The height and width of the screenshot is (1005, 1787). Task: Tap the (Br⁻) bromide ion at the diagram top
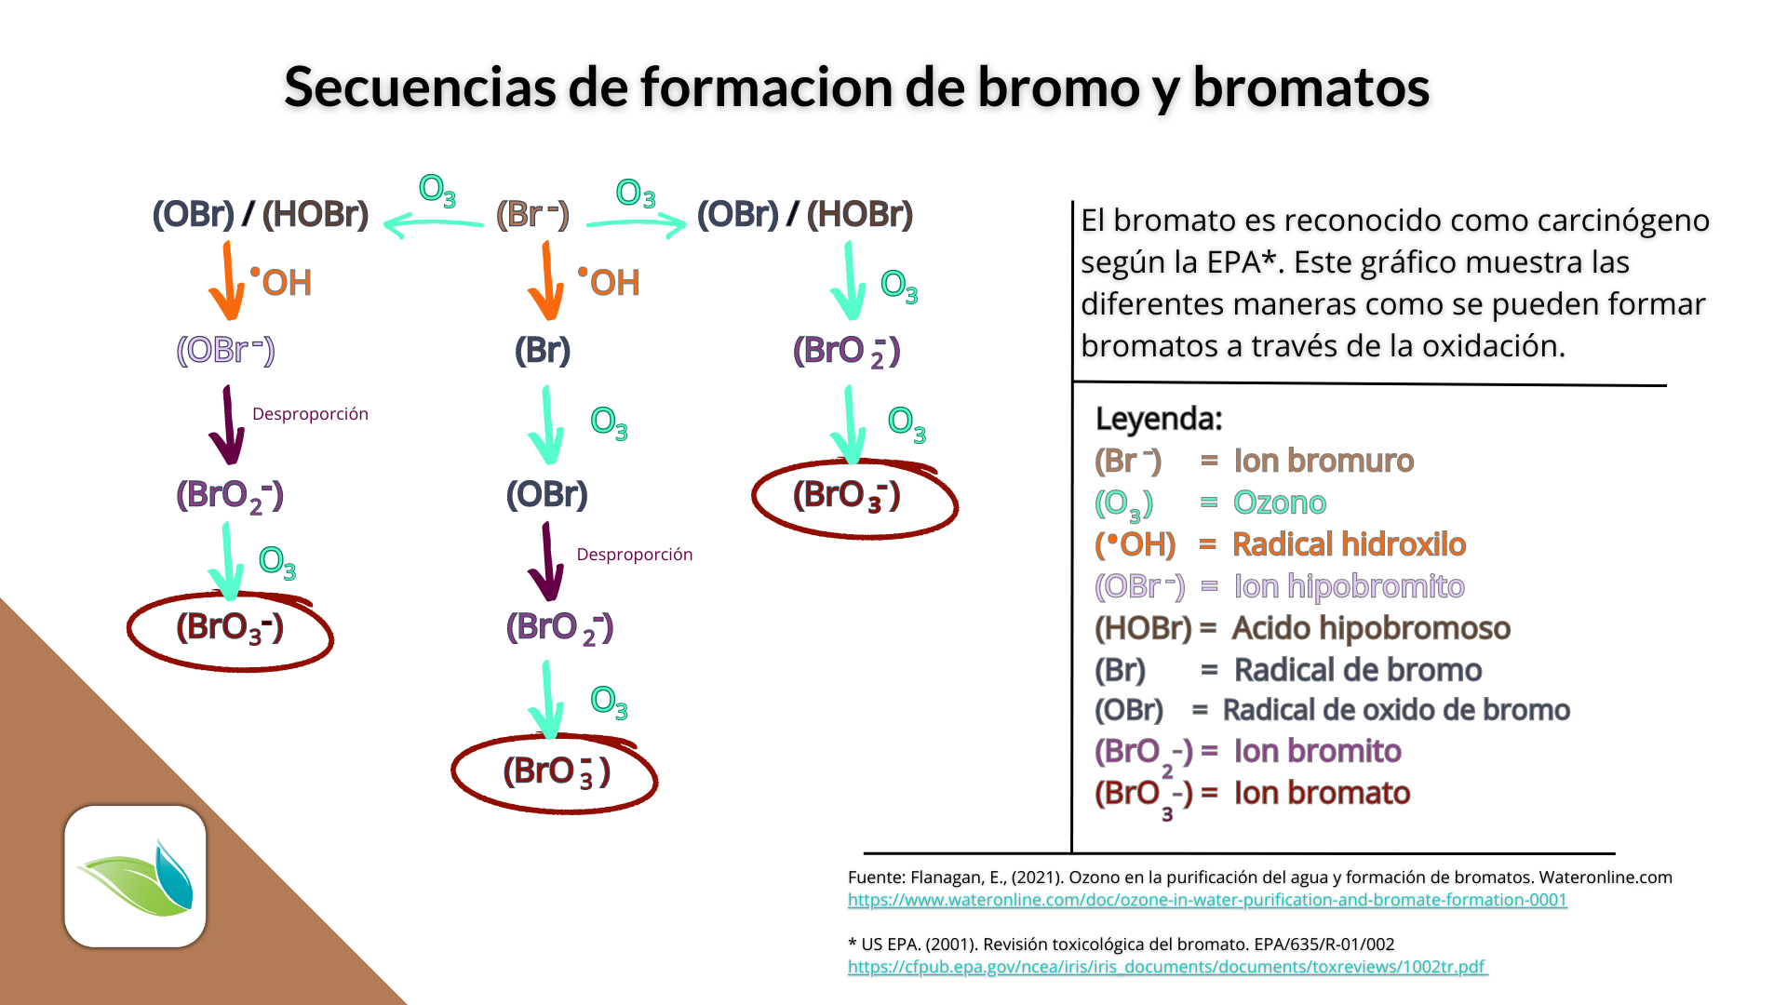click(x=531, y=214)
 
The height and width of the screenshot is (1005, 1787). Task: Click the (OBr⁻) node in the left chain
click(x=226, y=351)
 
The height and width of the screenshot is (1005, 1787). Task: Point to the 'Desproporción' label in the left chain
click(x=310, y=414)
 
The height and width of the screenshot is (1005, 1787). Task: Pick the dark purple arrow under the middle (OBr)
click(x=547, y=561)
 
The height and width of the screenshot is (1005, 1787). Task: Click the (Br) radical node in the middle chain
click(x=543, y=351)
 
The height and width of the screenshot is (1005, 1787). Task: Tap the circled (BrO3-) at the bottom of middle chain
click(x=556, y=771)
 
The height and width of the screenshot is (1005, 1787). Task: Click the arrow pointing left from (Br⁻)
click(x=433, y=223)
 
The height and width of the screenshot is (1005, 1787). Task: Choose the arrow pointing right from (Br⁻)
click(x=637, y=223)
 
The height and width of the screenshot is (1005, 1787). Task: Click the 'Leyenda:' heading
click(x=1159, y=419)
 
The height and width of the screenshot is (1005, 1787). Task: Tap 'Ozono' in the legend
click(x=1280, y=502)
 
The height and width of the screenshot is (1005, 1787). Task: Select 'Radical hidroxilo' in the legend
click(x=1349, y=544)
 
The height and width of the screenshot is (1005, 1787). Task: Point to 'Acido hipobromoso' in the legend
click(x=1371, y=628)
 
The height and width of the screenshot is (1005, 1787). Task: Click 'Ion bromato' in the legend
click(x=1322, y=793)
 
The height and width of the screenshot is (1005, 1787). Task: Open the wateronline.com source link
click(x=1207, y=900)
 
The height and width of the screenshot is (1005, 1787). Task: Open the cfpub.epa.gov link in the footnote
click(x=1167, y=967)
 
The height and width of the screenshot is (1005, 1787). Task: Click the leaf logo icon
click(x=136, y=877)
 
